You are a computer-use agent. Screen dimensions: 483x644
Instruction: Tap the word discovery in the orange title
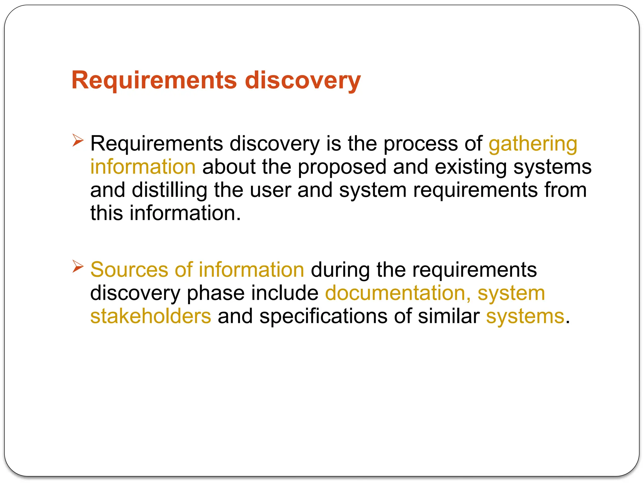pyautogui.click(x=303, y=80)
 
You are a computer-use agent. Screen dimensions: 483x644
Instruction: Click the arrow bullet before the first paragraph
pyautogui.click(x=78, y=140)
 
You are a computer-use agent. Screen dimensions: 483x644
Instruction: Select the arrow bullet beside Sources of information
pyautogui.click(x=78, y=266)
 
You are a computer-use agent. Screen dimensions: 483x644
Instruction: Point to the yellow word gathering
pyautogui.click(x=533, y=144)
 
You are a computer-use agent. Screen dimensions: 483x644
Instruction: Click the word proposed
pyautogui.click(x=342, y=167)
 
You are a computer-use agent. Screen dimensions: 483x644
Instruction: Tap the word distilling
pyautogui.click(x=169, y=190)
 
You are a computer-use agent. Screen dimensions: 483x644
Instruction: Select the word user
pyautogui.click(x=270, y=190)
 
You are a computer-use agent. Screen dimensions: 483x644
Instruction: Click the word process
pyautogui.click(x=421, y=144)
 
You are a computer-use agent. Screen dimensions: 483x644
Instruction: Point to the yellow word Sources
pyautogui.click(x=129, y=270)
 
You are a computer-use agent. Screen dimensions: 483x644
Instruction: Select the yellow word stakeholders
pyautogui.click(x=151, y=316)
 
